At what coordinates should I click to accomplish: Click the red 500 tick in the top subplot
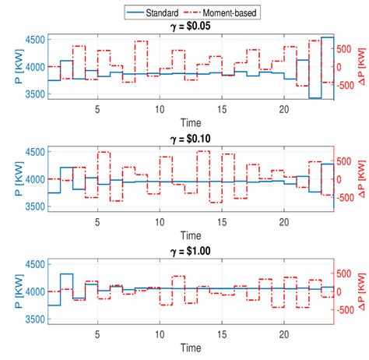[x=345, y=48]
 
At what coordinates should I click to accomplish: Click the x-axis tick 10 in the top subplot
[x=159, y=109]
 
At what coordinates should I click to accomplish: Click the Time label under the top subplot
[x=190, y=122]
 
